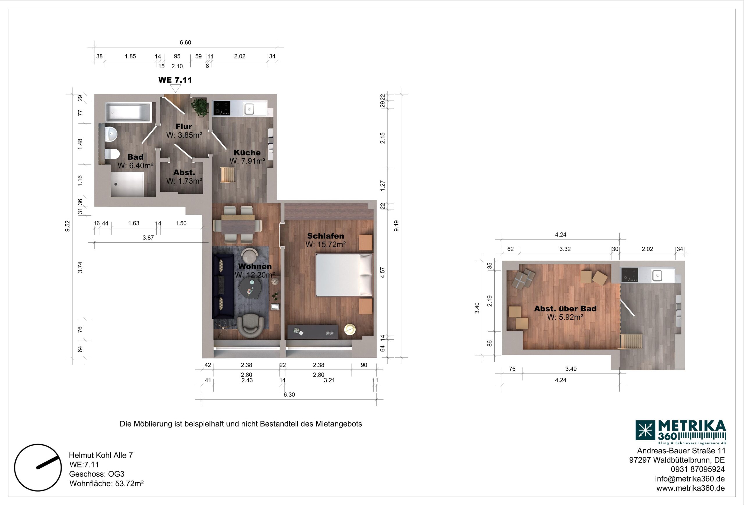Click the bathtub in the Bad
(128, 112)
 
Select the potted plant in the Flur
(200, 107)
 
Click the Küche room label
(247, 153)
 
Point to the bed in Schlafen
(344, 275)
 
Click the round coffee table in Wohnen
(252, 287)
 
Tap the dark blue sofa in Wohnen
(223, 286)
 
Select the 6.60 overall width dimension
(185, 42)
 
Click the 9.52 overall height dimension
(67, 226)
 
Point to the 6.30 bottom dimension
(289, 395)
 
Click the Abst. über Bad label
(565, 309)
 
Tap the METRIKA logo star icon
(645, 430)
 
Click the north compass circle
(38, 468)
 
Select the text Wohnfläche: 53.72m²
(107, 483)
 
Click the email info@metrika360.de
(690, 479)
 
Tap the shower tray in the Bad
(127, 184)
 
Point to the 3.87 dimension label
(148, 238)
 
